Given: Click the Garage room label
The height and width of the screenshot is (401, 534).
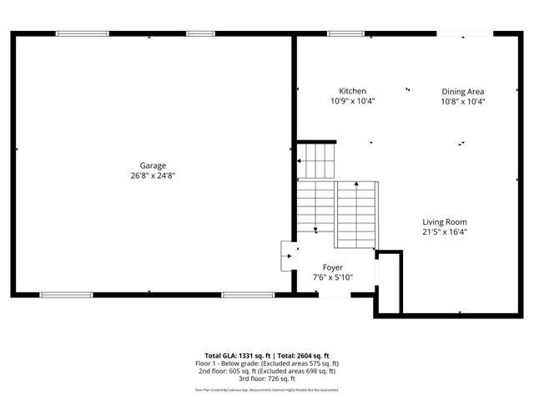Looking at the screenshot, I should [x=153, y=165].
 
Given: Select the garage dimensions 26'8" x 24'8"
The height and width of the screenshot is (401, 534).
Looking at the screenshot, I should [x=153, y=175].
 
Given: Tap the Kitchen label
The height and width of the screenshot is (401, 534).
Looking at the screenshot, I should [x=352, y=91].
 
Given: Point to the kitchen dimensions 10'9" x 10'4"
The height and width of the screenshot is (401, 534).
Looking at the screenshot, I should [x=352, y=101].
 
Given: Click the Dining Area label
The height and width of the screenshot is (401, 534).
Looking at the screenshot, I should [x=463, y=92].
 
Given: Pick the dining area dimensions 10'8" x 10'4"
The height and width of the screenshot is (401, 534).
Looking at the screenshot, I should [x=463, y=101].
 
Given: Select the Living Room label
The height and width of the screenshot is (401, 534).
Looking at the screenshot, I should [x=444, y=222].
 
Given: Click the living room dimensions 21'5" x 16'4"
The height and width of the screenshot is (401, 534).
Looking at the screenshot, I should [x=444, y=232].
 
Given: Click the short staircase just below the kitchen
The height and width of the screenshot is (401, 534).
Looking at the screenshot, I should [x=317, y=160].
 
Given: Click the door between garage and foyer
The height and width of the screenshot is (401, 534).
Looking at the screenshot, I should [x=287, y=256].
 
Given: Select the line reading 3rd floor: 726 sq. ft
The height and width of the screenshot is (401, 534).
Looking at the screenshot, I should [x=267, y=379].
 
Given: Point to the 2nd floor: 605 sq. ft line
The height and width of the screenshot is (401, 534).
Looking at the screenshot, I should [x=267, y=372].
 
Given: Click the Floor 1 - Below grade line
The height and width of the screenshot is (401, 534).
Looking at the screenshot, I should [x=267, y=364].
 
